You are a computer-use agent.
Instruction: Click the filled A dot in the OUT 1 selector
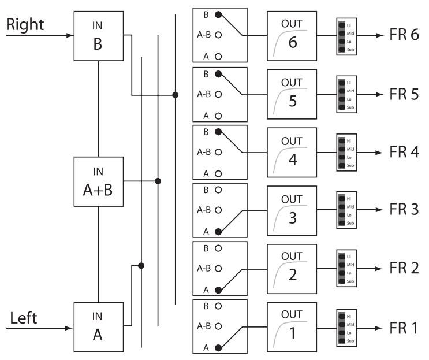218,348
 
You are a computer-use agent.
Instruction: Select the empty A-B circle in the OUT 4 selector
218,152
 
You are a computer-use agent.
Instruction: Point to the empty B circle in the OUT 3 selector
218,189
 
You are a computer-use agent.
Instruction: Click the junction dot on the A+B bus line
158,181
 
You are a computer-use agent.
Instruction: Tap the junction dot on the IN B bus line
176,94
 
